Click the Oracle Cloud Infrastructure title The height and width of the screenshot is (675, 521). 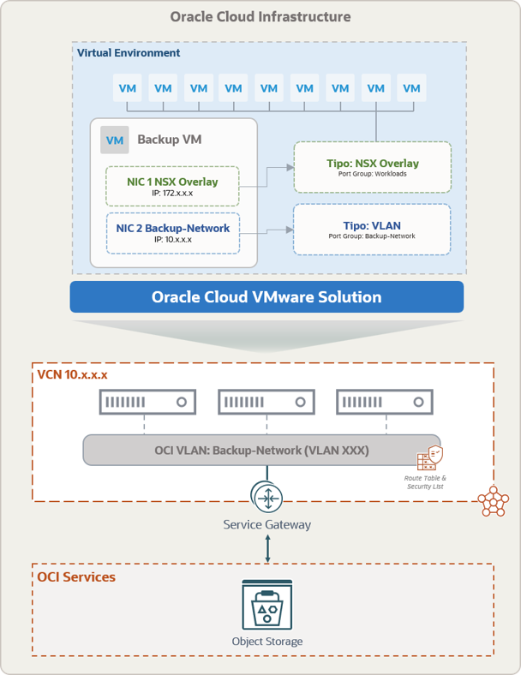pos(260,17)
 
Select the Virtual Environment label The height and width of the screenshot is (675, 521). pos(129,53)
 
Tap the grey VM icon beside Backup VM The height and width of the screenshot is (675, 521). pos(115,140)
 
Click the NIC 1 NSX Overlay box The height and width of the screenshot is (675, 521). pos(172,187)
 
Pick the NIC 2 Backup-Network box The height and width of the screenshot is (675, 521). pos(172,233)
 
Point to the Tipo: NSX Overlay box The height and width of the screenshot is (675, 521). pos(373,167)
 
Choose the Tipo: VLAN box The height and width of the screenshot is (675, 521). pos(372,230)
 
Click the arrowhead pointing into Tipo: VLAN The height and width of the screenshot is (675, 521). pos(290,230)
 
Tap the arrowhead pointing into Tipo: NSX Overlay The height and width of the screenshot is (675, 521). pos(290,167)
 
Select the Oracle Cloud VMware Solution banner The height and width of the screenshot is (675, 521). pos(266,297)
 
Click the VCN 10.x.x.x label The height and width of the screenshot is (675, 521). pos(72,374)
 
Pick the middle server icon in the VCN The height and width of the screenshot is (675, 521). pos(266,402)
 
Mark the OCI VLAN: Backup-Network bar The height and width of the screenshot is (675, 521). pos(261,450)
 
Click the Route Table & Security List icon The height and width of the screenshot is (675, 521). pos(429,458)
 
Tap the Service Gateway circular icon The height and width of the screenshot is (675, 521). pos(267,498)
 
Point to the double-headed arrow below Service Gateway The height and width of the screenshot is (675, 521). pos(267,548)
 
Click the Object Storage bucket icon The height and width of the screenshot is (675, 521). pos(267,605)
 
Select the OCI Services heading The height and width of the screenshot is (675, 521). pos(76,576)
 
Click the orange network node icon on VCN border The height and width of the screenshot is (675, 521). pos(494,501)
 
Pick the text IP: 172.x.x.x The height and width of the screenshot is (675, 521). pos(172,194)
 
